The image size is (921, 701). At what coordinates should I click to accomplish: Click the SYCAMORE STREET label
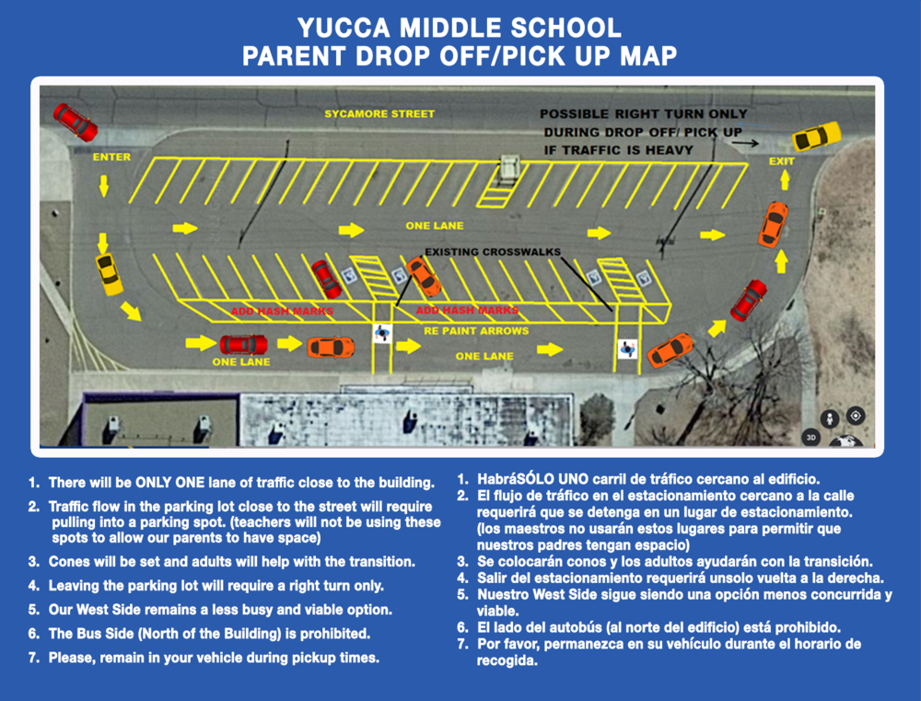[x=379, y=114]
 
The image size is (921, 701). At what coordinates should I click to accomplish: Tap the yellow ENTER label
[x=111, y=157]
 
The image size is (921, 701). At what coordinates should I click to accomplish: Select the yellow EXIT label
[x=782, y=161]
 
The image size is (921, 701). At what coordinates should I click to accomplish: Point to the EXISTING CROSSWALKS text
[x=493, y=251]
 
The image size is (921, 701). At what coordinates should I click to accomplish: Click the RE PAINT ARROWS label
[x=476, y=331]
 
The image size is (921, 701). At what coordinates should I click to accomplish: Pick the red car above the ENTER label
[x=76, y=123]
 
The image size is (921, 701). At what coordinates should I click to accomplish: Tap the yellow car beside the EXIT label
[x=816, y=136]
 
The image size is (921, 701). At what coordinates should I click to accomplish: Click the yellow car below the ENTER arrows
[x=110, y=274]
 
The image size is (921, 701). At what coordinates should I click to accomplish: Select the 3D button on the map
[x=810, y=438]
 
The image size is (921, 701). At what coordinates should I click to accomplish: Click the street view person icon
[x=830, y=418]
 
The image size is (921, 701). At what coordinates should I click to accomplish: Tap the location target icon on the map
[x=856, y=415]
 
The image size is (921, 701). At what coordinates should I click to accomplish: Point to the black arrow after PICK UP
[x=745, y=143]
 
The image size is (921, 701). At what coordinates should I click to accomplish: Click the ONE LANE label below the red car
[x=241, y=362]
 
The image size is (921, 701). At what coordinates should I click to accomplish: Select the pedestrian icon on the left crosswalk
[x=382, y=333]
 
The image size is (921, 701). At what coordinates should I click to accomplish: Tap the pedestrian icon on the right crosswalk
[x=627, y=348]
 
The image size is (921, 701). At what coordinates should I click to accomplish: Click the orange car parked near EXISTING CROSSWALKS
[x=424, y=276]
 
